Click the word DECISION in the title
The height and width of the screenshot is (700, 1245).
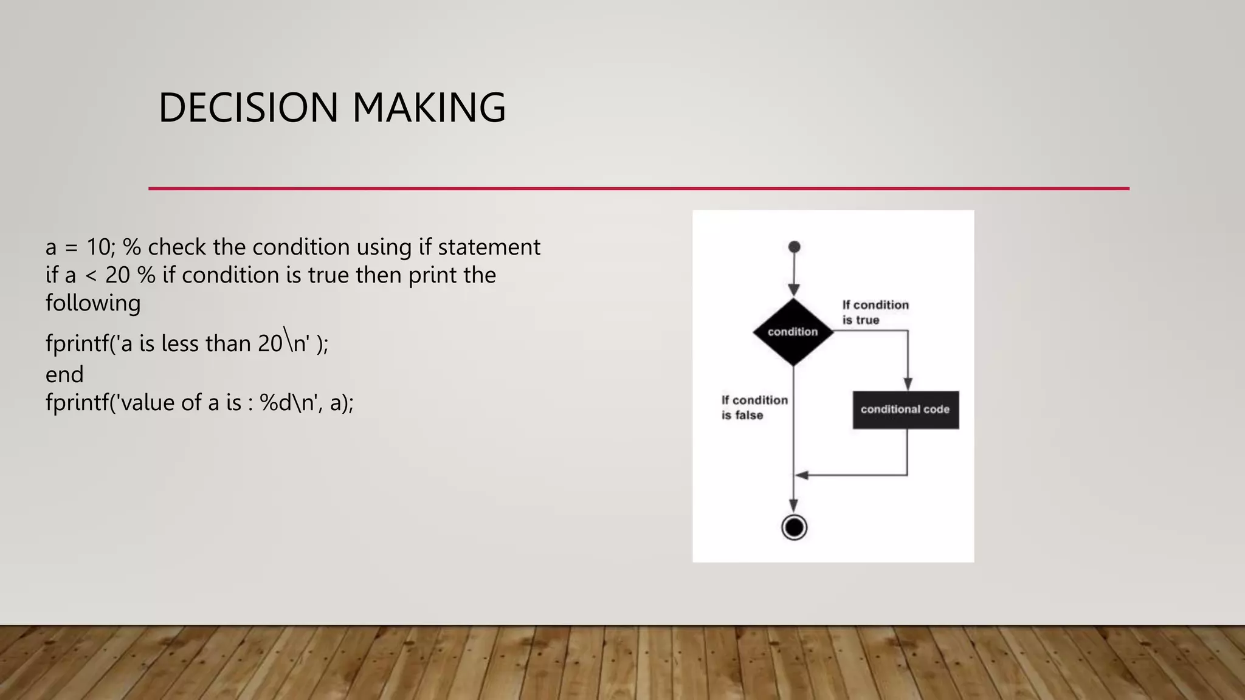click(248, 108)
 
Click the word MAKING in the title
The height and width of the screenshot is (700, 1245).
click(429, 108)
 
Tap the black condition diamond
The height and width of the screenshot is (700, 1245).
click(793, 332)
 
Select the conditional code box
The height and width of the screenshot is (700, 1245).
click(905, 410)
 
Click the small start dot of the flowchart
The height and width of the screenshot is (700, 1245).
click(794, 247)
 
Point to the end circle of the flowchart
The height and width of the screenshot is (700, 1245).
click(794, 527)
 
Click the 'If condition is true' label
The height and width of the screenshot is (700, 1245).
click(875, 312)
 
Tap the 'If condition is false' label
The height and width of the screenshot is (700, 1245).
click(754, 408)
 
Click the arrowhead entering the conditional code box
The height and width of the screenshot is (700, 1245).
click(908, 383)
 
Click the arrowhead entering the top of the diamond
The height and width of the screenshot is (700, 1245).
click(794, 290)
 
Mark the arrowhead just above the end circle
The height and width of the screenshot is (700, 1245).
click(794, 505)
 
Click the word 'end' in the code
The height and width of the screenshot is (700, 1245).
click(64, 374)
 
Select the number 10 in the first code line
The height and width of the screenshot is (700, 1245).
click(98, 247)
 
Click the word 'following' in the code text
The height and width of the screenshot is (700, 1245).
click(93, 303)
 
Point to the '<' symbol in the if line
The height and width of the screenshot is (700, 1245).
click(91, 276)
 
